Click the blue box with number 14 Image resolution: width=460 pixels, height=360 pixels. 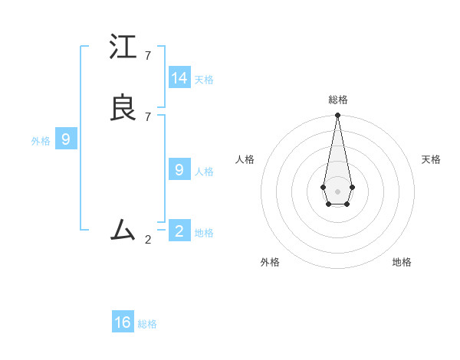point(179,78)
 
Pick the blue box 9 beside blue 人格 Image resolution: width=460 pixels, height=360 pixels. point(179,170)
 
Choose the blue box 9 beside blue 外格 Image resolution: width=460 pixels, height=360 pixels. point(66,139)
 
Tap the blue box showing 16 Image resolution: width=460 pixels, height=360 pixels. point(123,322)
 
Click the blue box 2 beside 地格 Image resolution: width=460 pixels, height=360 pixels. point(179,231)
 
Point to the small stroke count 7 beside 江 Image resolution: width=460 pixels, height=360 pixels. point(148,56)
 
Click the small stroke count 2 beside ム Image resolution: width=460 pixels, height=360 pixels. point(148,240)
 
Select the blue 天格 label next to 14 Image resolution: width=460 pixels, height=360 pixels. point(204,80)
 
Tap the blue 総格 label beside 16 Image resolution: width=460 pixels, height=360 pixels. point(147,324)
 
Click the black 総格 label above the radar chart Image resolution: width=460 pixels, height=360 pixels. point(338,100)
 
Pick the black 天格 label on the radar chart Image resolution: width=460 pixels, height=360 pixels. point(431,159)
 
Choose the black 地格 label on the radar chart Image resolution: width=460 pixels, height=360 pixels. point(402,262)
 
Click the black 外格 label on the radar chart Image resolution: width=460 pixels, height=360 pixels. point(270,262)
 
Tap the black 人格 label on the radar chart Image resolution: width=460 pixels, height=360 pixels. point(245,159)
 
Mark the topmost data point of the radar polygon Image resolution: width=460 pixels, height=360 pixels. point(337,116)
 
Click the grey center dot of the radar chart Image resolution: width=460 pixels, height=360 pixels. point(337,191)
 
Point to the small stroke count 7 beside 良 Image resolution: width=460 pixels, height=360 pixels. point(148,116)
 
